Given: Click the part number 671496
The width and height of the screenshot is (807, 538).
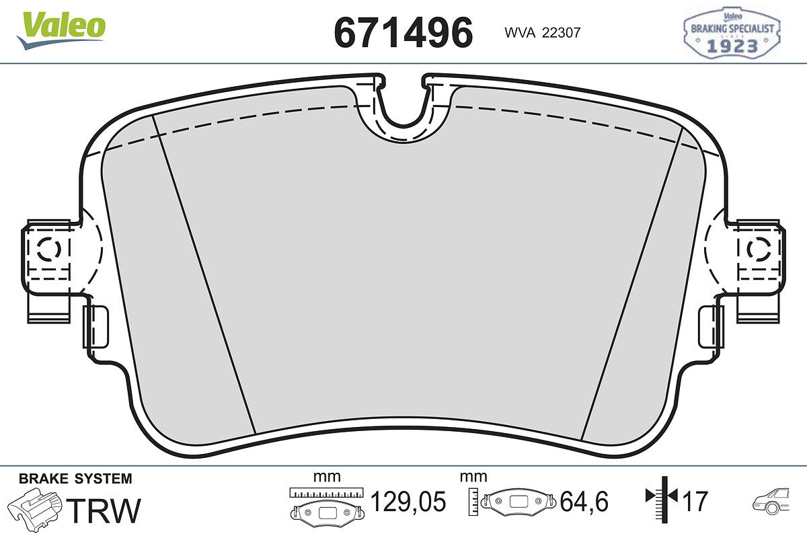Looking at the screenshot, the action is coord(403,33).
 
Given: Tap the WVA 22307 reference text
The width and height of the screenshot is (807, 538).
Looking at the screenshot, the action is coord(543,33).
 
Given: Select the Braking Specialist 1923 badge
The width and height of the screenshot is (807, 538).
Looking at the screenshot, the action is coord(732,32).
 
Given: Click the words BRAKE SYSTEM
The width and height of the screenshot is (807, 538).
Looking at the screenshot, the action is coord(75,479).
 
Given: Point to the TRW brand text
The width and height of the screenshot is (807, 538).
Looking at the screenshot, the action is coord(104,510).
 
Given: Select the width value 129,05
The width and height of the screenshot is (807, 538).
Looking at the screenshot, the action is coord(408,501).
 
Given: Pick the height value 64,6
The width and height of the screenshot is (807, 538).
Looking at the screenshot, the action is coord(584,501).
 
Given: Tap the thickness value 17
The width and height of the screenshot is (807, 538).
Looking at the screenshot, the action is coord(695,501).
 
